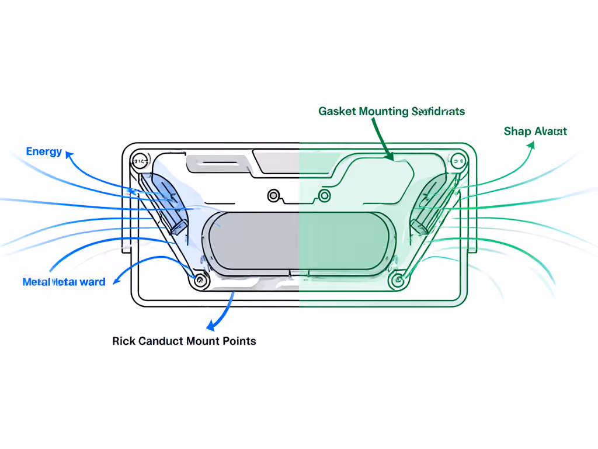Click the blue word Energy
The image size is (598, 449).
point(44,152)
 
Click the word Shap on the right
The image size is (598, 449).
point(517,132)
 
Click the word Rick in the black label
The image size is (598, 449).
point(124,341)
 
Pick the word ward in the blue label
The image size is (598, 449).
point(92,282)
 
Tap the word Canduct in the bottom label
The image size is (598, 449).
point(161,341)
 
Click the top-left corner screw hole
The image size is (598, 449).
point(140,158)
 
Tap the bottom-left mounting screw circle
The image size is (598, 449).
point(200,281)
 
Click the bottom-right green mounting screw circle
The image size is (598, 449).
point(398,281)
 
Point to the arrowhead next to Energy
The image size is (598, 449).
point(69,154)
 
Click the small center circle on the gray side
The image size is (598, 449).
point(272,195)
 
